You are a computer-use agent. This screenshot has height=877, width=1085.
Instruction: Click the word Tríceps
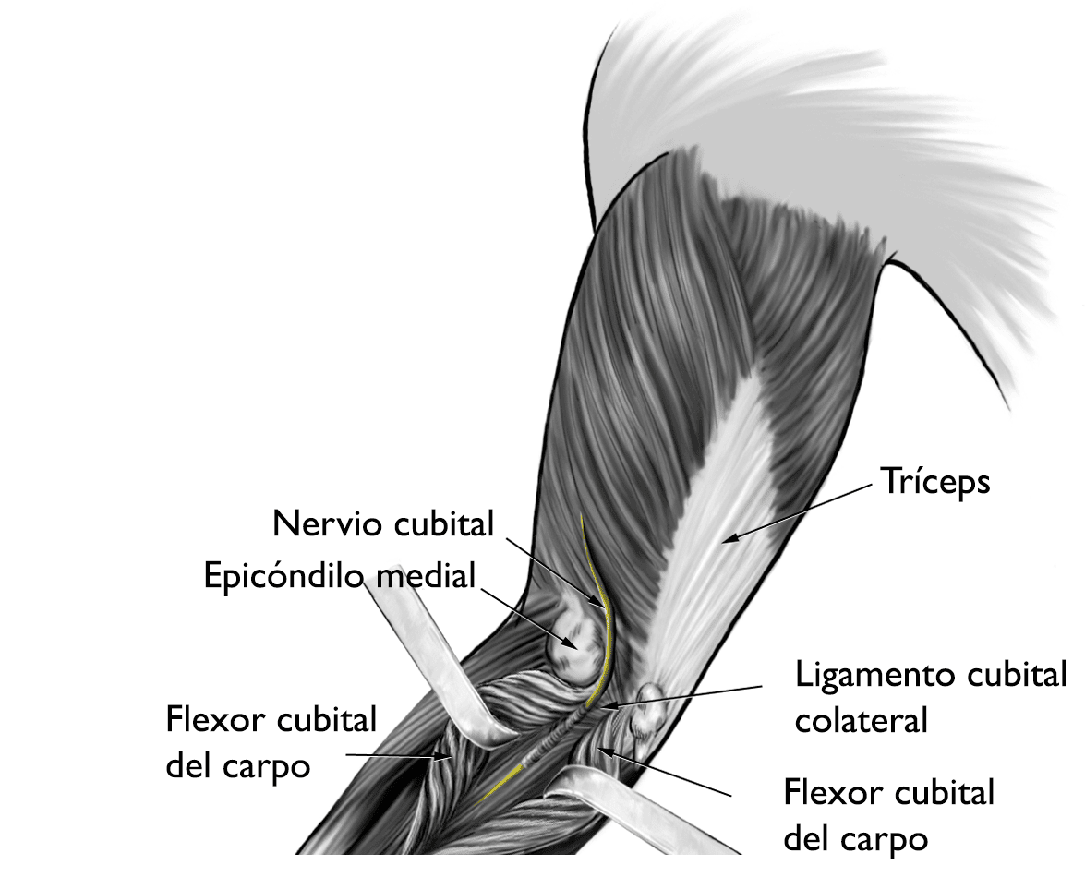click(934, 482)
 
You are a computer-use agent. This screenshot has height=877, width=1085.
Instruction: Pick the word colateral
click(861, 720)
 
